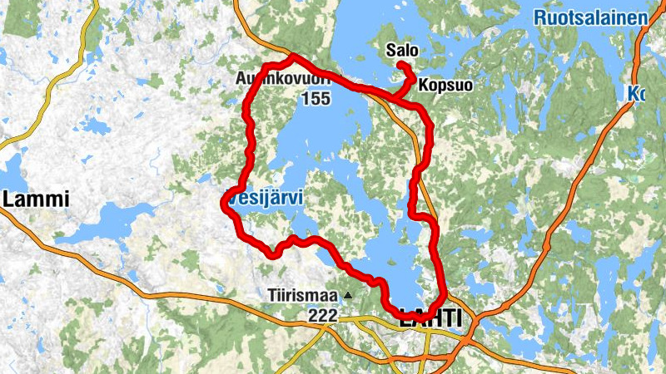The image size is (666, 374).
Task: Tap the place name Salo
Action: [402, 51]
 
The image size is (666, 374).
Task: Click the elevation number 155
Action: [316, 99]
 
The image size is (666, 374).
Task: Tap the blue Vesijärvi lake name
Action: [262, 198]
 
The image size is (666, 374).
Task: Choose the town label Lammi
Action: [35, 199]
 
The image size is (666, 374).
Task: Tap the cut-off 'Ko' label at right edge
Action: [637, 94]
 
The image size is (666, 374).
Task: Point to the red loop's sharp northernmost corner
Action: [291, 57]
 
